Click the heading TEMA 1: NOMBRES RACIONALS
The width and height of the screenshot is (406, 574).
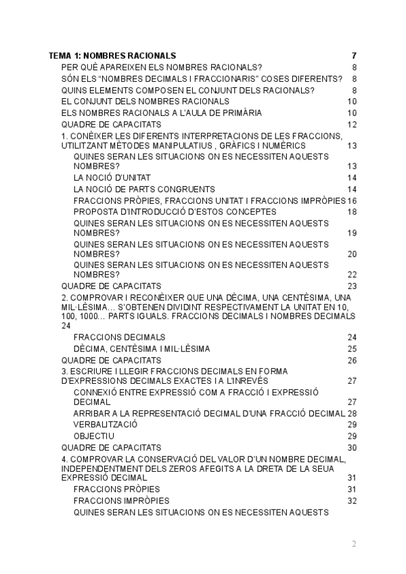coord(112,56)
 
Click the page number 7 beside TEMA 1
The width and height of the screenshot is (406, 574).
coord(354,56)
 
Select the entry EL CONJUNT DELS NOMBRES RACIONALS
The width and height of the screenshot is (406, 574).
coord(145,102)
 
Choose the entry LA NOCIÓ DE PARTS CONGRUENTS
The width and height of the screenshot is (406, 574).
coord(144,189)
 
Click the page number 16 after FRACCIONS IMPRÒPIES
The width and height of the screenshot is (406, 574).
coord(352,200)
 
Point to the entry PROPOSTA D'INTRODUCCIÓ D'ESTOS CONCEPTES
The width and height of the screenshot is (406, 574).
coord(165,211)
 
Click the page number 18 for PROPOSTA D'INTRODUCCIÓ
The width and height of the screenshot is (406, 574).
coord(352,211)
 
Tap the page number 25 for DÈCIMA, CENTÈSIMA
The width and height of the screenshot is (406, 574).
coord(352,349)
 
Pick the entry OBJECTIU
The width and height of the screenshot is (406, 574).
coord(94,436)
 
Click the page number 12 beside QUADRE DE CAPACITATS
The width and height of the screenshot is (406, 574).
coord(352,125)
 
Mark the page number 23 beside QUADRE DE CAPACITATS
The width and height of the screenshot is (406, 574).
coord(352,286)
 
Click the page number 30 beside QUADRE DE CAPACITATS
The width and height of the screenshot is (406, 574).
coord(352,447)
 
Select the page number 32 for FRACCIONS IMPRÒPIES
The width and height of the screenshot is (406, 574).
coord(352,501)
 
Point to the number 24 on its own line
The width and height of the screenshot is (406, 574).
coord(66,326)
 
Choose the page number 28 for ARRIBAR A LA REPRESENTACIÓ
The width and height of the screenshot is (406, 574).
coord(352,413)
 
